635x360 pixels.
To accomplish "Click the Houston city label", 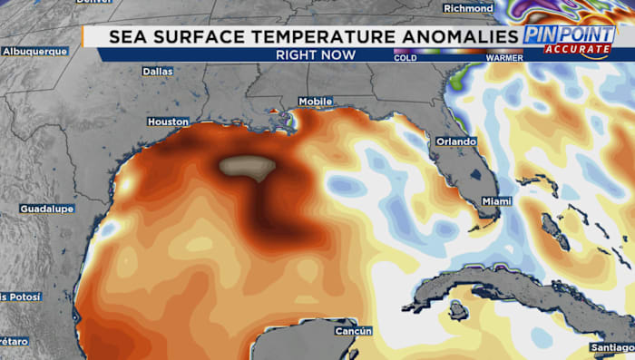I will coord(168,122).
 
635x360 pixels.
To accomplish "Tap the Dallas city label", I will coord(158,71).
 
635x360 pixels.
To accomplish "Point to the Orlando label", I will coord(455,142).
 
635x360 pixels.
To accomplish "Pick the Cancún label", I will coord(354,331).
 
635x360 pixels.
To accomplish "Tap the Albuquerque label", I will coord(35,52).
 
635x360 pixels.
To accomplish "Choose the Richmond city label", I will coord(469,8).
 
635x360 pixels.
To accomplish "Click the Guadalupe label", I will coord(45,209).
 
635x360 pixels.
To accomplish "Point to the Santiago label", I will coord(613,349).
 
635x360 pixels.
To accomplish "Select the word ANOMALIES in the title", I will coord(459,37).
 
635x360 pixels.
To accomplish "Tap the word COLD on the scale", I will coord(405,57).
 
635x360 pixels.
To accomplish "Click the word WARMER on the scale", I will coord(504,57).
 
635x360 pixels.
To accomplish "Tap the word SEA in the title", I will coord(127,37).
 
